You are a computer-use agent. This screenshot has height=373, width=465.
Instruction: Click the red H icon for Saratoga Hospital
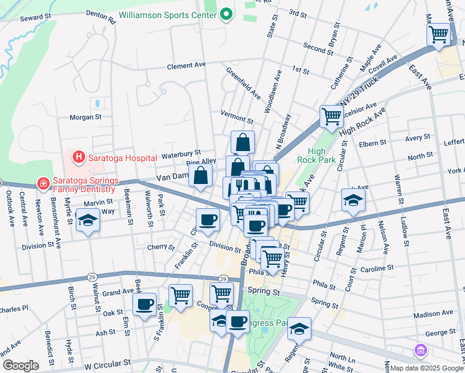coord(78,157)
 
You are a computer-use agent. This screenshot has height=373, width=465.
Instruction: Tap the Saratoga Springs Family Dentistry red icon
coord(42,183)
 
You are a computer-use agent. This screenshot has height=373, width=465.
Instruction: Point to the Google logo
coord(21,366)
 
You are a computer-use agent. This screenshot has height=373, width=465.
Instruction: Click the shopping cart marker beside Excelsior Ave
coord(331,116)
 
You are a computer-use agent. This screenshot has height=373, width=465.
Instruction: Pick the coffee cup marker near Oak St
coord(145,305)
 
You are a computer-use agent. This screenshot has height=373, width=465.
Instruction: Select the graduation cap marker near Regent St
coord(353,200)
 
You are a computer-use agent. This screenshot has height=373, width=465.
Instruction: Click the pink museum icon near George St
coord(421,352)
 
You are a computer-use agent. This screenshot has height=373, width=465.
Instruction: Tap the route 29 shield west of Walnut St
coord(91,276)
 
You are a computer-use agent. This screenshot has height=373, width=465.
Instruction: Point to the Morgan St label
coord(85,116)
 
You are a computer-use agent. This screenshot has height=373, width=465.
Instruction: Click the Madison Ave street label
coord(433,315)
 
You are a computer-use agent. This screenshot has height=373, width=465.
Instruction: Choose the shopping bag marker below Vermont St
coord(242,142)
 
